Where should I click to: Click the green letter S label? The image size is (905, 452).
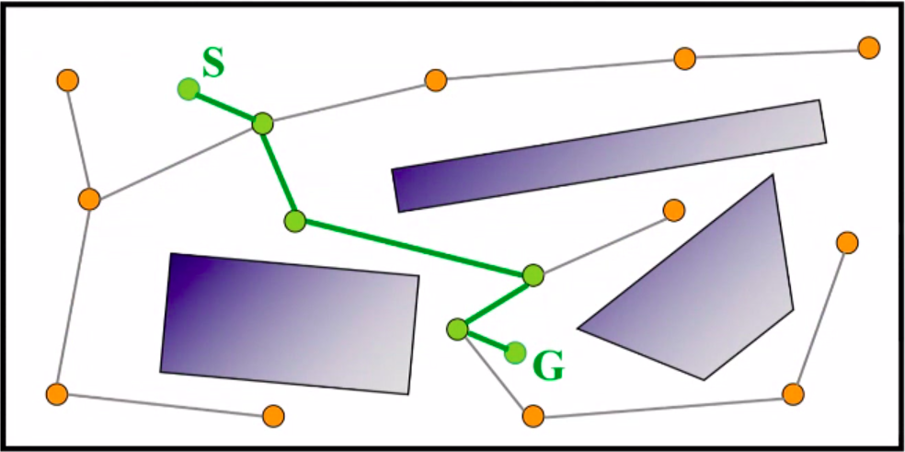click(212, 64)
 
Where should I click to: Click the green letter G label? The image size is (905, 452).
click(549, 366)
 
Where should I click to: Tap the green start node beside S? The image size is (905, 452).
click(189, 89)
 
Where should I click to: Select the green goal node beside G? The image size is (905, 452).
click(515, 352)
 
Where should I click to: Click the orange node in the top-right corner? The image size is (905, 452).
click(868, 47)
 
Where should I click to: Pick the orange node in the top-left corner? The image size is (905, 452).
click(66, 80)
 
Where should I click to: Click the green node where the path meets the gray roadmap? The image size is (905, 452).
click(263, 122)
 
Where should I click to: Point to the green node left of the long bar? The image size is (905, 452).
click(294, 221)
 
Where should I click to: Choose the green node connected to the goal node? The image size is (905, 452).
click(457, 329)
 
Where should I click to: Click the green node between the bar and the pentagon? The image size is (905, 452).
click(533, 274)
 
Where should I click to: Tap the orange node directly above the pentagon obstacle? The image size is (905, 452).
click(674, 210)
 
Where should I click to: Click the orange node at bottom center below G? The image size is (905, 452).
click(533, 416)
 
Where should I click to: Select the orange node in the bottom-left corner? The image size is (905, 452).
click(57, 394)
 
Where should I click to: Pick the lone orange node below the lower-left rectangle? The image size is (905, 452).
click(273, 416)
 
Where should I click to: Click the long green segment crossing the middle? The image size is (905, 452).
click(414, 248)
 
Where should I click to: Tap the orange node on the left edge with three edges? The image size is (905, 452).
click(89, 199)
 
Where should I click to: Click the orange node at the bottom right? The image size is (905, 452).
click(793, 394)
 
